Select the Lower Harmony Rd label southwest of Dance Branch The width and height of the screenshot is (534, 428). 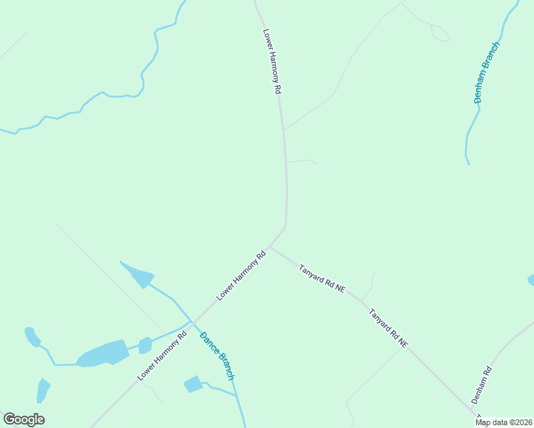pyautogui.click(x=162, y=355)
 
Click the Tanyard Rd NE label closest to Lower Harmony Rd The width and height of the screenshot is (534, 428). pyautogui.click(x=322, y=280)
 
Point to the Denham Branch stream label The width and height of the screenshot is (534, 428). pyautogui.click(x=487, y=73)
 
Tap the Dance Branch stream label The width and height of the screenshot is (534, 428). pyautogui.click(x=217, y=356)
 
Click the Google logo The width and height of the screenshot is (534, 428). pyautogui.click(x=24, y=419)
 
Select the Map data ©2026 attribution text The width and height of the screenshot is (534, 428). pyautogui.click(x=504, y=422)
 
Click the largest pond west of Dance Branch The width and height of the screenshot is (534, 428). pyautogui.click(x=103, y=353)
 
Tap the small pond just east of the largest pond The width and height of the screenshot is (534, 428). pyautogui.click(x=145, y=345)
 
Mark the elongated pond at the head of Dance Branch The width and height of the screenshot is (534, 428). pyautogui.click(x=138, y=274)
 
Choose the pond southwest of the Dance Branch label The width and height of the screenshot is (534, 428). pyautogui.click(x=193, y=384)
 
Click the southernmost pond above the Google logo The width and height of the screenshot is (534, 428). pyautogui.click(x=43, y=390)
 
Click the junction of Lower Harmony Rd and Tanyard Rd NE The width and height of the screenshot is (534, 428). pyautogui.click(x=269, y=247)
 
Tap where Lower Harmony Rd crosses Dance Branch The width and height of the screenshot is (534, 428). pyautogui.click(x=191, y=322)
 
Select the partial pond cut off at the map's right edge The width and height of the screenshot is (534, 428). pyautogui.click(x=530, y=280)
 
